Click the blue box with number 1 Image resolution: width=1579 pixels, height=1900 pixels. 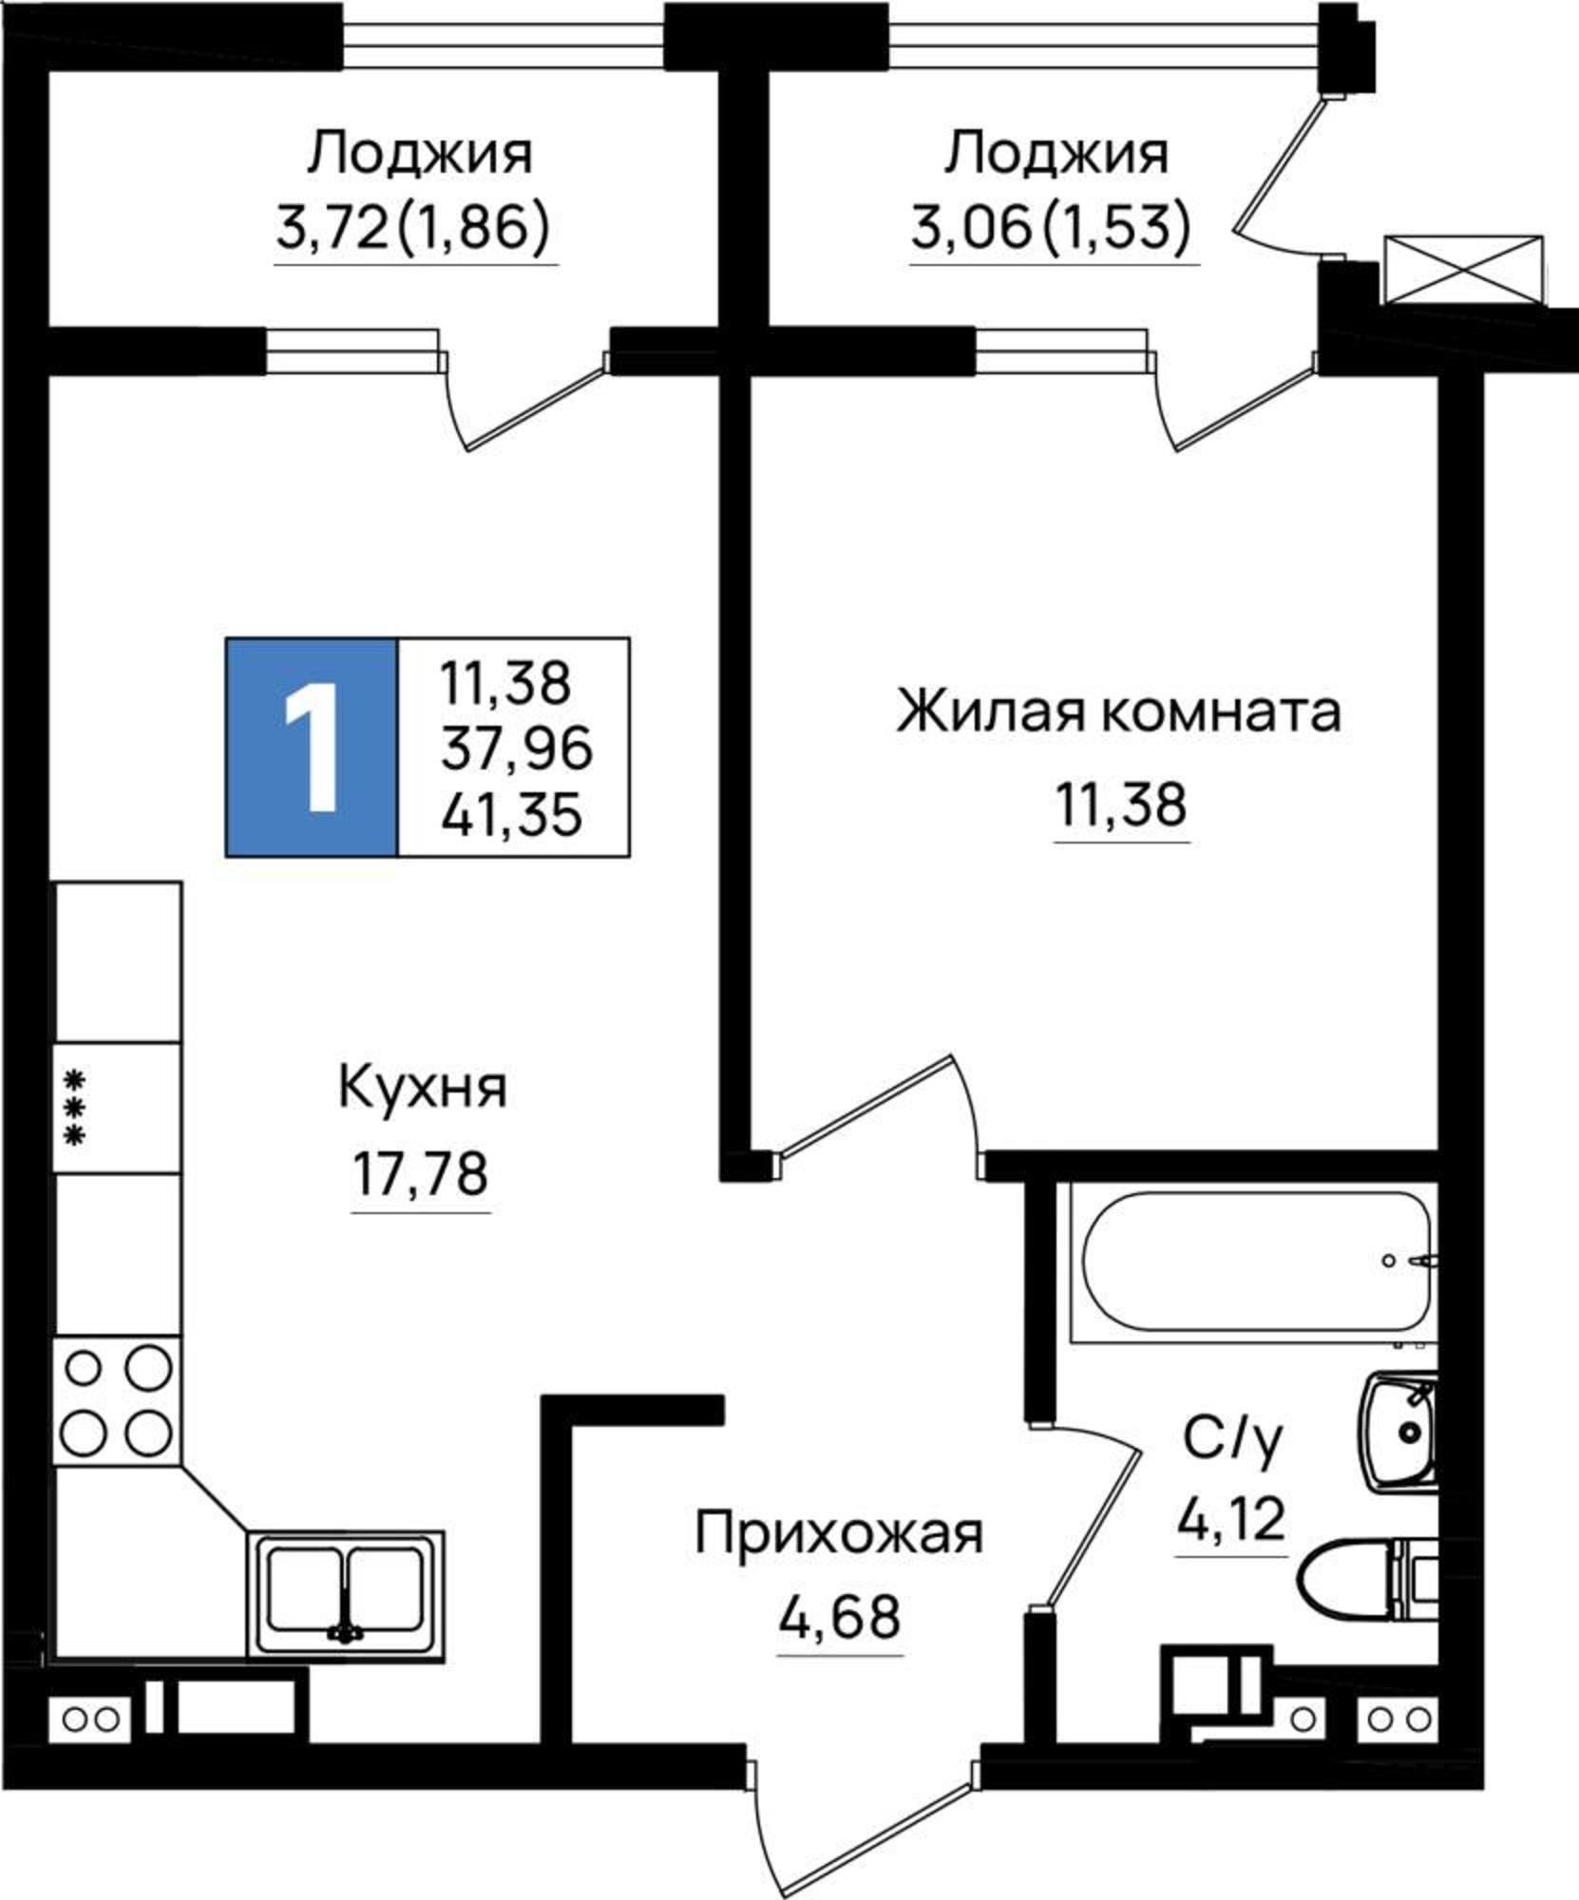pyautogui.click(x=312, y=747)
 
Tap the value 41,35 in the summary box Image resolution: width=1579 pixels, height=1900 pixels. pyautogui.click(x=511, y=814)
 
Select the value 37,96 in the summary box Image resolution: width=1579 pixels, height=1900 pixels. pyautogui.click(x=516, y=748)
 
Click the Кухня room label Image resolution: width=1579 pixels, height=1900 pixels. pyautogui.click(x=422, y=1089)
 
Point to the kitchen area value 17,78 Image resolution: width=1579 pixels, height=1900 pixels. pyautogui.click(x=420, y=1174)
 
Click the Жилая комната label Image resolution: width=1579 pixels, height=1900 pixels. pyautogui.click(x=1118, y=712)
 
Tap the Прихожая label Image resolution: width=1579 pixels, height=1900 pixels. pyautogui.click(x=839, y=1534)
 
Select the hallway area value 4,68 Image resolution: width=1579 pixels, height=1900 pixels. pyautogui.click(x=839, y=1616)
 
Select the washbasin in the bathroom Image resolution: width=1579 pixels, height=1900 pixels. pyautogui.click(x=1398, y=1431)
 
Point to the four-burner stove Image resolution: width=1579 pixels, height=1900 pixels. pyautogui.click(x=118, y=1400)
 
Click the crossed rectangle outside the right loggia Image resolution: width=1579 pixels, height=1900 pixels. pyautogui.click(x=1464, y=270)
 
